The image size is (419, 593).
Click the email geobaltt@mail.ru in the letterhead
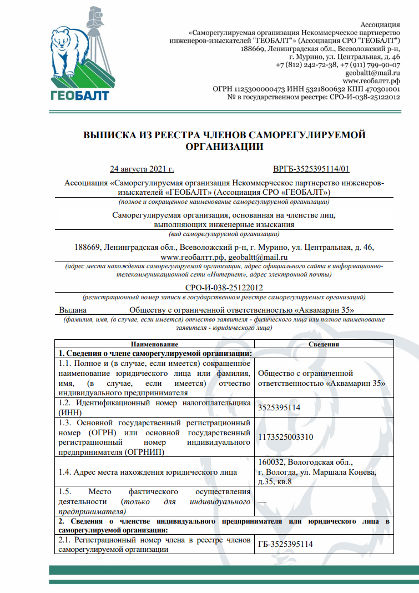click(372, 73)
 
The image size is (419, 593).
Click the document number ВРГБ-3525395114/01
click(311, 169)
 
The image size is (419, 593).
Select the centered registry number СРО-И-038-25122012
click(224, 288)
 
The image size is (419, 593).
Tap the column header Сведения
click(324, 344)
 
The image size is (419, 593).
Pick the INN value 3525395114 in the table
click(279, 408)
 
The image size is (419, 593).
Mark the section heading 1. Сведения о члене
click(156, 353)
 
